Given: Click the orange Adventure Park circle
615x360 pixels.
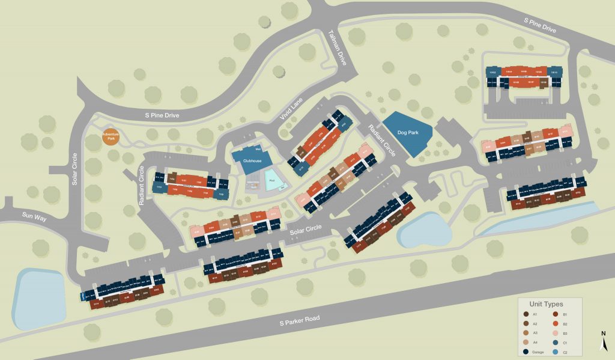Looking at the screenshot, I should coord(111,136).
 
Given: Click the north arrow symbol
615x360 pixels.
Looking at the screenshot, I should coord(604,343).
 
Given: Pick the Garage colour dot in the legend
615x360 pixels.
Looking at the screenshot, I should coord(527,352).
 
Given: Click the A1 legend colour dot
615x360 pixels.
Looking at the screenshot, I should coord(527,314).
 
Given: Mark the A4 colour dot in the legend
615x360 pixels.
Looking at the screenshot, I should coord(527,342).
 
